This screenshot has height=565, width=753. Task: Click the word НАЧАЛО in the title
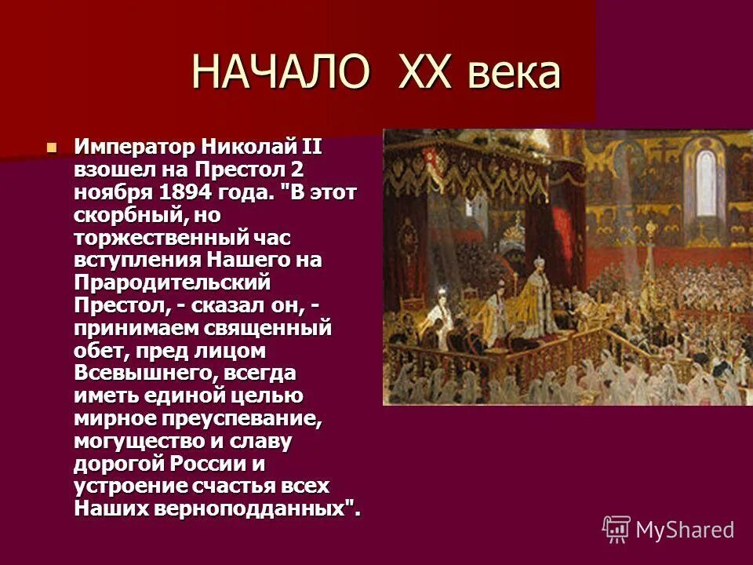tap(281, 73)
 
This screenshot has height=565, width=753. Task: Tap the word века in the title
tap(515, 73)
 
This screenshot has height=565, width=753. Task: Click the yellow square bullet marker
tap(52, 146)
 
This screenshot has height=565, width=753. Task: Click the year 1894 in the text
tap(186, 191)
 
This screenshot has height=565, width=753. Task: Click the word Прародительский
tap(172, 281)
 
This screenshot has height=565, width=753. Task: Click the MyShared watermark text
tap(685, 530)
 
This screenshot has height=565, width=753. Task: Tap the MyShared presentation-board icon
tap(617, 530)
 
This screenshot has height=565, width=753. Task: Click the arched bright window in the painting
tap(706, 183)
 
